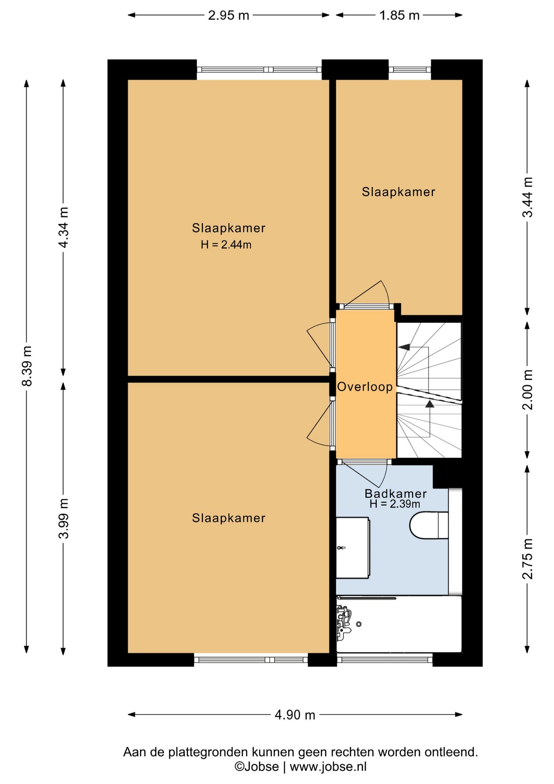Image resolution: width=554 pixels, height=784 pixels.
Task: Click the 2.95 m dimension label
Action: coord(228,16)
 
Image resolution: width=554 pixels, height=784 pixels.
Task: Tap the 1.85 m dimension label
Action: coord(399,16)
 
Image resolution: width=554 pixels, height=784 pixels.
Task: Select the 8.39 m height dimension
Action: coord(27,366)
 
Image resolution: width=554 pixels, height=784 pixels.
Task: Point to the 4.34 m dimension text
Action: coord(63,227)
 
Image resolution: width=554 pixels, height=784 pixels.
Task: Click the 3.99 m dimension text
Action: coord(63,519)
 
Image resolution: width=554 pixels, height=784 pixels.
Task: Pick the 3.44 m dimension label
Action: coord(527,197)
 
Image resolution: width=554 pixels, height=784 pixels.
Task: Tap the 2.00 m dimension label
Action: coord(527,390)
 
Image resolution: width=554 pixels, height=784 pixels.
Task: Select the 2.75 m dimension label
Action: coord(527,559)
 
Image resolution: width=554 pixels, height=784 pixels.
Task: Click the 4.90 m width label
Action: coord(295,715)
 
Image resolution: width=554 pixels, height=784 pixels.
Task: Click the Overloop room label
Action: coord(365,387)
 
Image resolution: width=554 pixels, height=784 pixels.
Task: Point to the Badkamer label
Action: coord(396,493)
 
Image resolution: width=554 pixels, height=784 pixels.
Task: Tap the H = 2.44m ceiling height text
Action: coord(226,245)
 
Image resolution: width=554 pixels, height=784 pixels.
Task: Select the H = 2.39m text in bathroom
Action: coord(395,504)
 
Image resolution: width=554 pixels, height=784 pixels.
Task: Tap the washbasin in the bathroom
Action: coord(353,548)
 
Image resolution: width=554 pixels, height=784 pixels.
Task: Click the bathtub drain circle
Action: coord(359,624)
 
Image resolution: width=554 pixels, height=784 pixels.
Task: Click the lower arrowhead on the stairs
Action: coord(430,404)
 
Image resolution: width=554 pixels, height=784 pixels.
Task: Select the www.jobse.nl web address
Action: coord(328,766)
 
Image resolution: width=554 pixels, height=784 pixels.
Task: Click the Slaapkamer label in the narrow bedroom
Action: coord(399,192)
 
